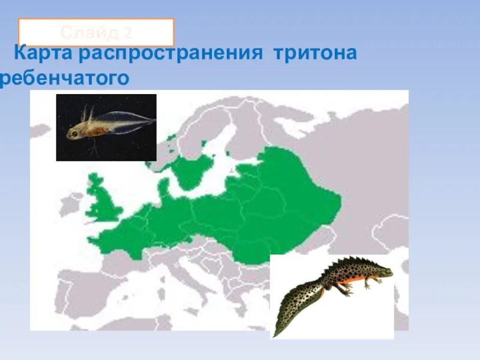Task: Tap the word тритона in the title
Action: [315, 53]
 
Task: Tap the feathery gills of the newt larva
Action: [88, 112]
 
